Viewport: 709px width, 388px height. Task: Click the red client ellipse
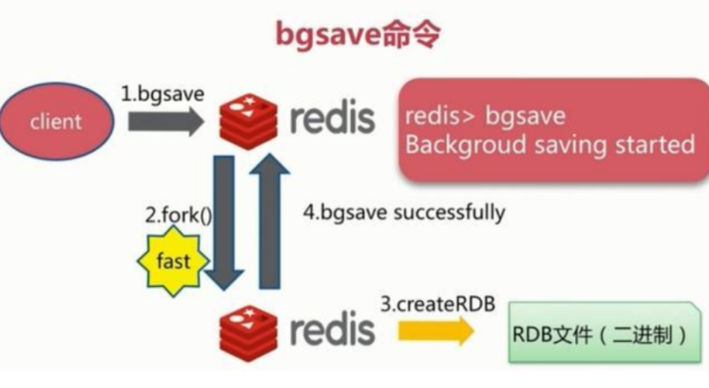pyautogui.click(x=56, y=122)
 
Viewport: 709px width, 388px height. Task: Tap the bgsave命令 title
pyautogui.click(x=357, y=34)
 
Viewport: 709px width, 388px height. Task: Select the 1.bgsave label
pyautogui.click(x=163, y=93)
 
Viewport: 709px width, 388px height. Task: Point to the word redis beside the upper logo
pyautogui.click(x=333, y=119)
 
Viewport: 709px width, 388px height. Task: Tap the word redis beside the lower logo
pyautogui.click(x=333, y=330)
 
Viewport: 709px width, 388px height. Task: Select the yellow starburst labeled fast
pyautogui.click(x=173, y=260)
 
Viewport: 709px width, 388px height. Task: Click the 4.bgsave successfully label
pyautogui.click(x=404, y=212)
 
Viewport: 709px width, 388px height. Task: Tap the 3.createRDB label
pyautogui.click(x=438, y=304)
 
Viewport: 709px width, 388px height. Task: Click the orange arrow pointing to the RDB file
pyautogui.click(x=436, y=331)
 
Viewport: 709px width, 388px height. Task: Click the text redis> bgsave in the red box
pyautogui.click(x=485, y=115)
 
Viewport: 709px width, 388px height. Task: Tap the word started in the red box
pyautogui.click(x=654, y=145)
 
